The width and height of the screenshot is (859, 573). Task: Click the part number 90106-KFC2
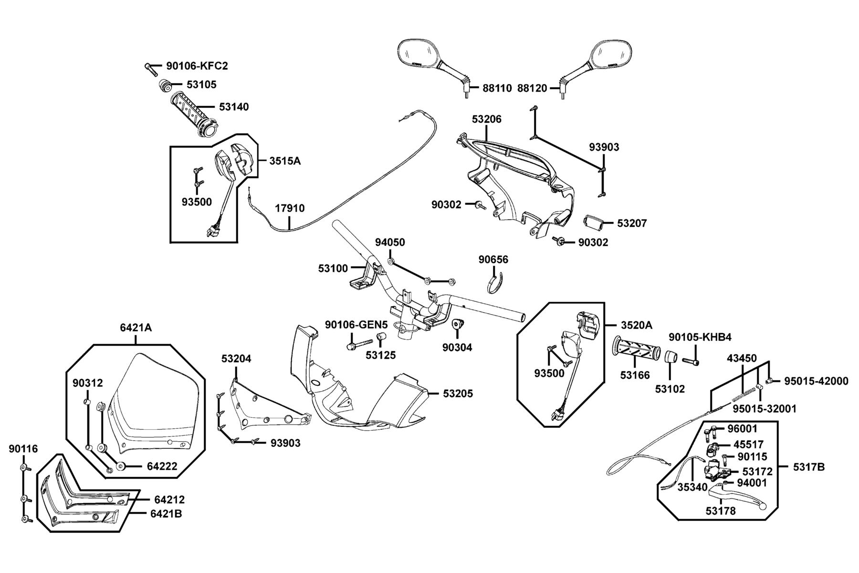197,66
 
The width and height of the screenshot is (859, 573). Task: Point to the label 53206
487,119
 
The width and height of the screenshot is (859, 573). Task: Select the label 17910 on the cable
290,208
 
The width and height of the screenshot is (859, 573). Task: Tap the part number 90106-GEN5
356,325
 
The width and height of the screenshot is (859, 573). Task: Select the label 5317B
809,467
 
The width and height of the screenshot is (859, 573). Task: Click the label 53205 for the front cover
458,393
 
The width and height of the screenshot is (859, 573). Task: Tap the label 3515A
285,160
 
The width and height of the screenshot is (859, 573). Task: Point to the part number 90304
457,348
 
